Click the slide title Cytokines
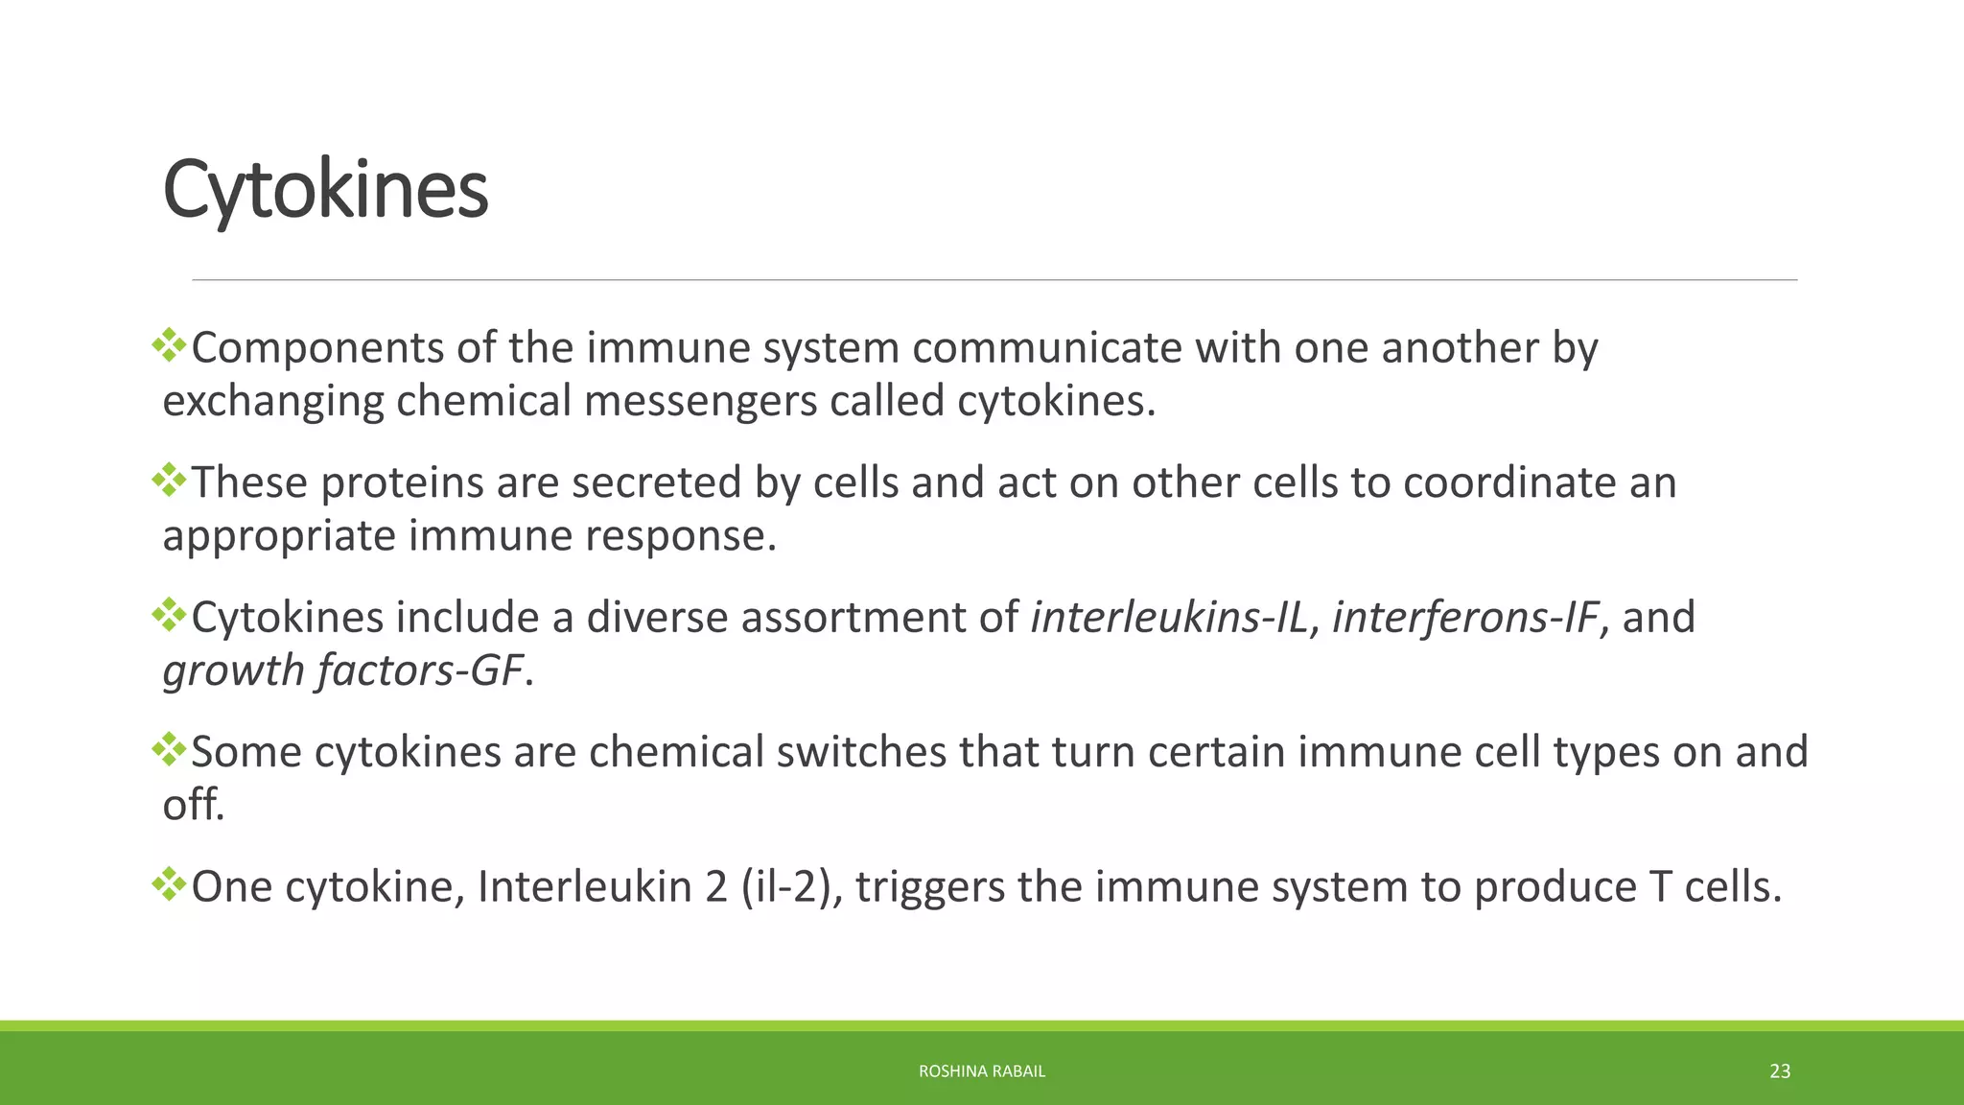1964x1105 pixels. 325,190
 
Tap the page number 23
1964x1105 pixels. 1779,1071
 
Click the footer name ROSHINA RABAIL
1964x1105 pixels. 981,1071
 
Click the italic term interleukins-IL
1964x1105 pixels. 1169,618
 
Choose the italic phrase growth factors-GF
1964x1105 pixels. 343,670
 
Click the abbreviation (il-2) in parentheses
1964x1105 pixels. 791,887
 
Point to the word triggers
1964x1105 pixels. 930,888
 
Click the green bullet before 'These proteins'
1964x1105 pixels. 169,481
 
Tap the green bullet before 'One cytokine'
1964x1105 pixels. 169,884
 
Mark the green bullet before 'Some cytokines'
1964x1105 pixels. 169,750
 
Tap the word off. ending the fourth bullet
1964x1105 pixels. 193,805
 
